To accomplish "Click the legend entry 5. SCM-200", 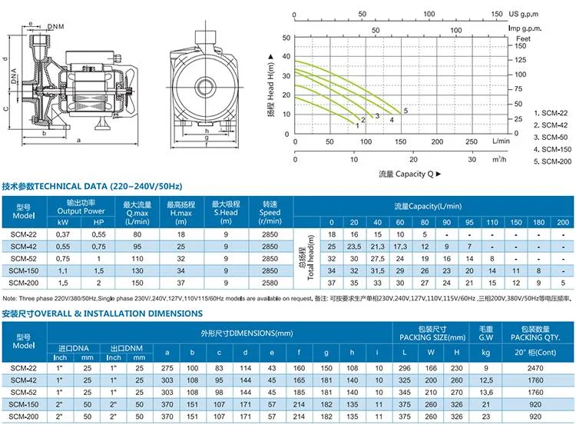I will (542, 161).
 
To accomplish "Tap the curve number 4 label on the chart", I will (391, 120).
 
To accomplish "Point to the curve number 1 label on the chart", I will (357, 125).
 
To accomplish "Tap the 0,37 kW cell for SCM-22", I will (61, 234).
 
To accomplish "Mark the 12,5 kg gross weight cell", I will (484, 380).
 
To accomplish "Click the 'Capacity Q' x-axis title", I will (398, 175).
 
